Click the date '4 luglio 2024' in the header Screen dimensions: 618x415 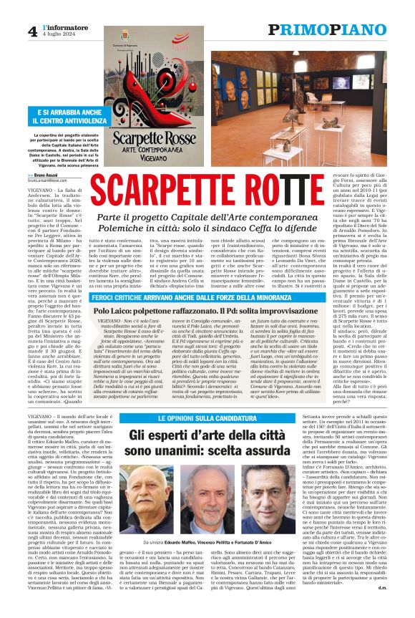pos(57,34)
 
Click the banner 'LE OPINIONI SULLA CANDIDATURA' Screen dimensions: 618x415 pos(188,417)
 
